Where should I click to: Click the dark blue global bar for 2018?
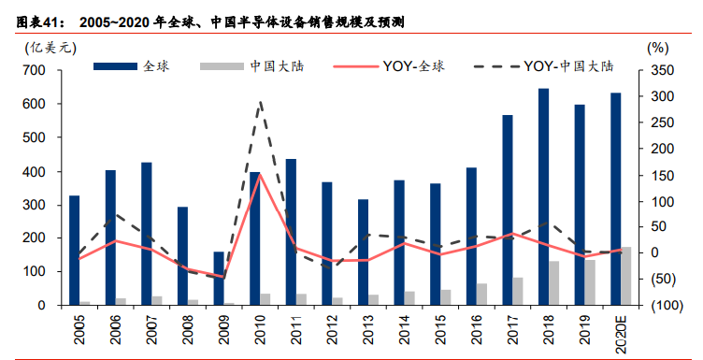coord(543,196)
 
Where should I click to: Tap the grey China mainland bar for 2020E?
coord(626,276)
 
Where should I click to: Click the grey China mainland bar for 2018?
coord(554,282)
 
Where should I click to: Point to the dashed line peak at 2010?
coord(260,102)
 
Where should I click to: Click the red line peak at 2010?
coord(260,174)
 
